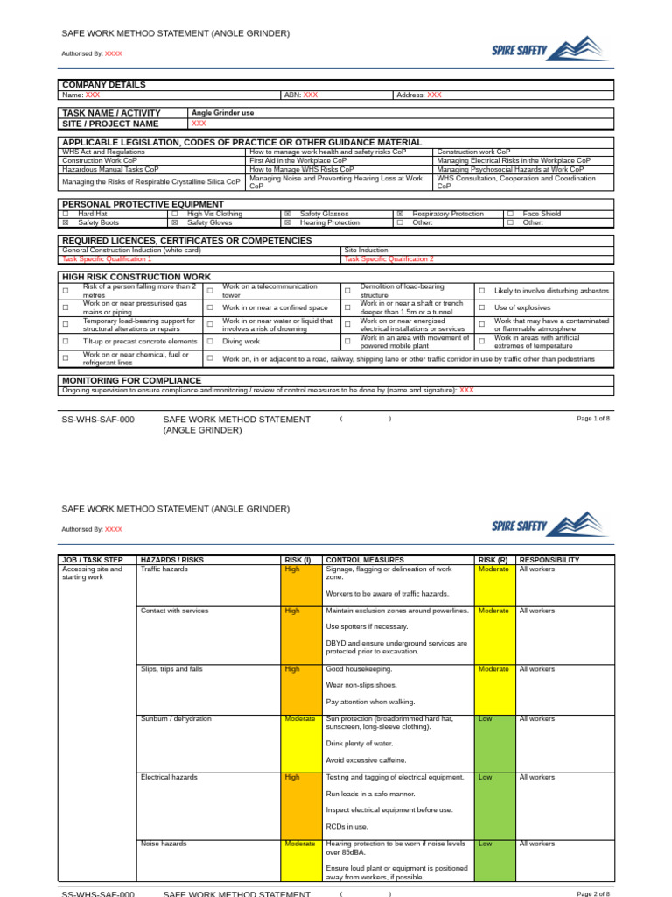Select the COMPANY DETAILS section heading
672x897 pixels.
(x=104, y=85)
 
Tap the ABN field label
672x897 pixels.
(x=291, y=95)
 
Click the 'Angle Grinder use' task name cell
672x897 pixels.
(x=223, y=113)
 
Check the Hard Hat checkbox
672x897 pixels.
(x=66, y=214)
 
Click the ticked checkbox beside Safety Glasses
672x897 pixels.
(x=288, y=214)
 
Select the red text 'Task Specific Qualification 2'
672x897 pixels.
(x=388, y=259)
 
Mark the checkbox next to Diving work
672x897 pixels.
(x=210, y=342)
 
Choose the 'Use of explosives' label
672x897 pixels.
(x=522, y=307)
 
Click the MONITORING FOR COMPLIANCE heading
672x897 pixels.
(x=131, y=380)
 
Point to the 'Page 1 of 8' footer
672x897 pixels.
(x=593, y=419)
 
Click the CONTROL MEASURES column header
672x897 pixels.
(x=364, y=559)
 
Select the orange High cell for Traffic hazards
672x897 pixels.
(x=292, y=569)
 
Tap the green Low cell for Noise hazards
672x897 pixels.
(x=485, y=844)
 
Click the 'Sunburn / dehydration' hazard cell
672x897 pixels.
(x=176, y=718)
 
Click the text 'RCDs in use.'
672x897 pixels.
(x=346, y=826)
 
